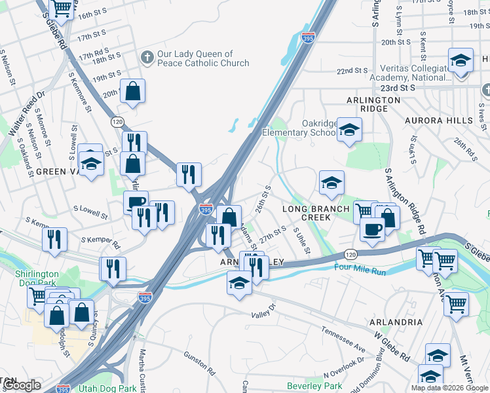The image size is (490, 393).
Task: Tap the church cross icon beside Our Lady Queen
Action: tap(146, 58)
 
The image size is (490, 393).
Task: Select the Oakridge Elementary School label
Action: tap(298, 128)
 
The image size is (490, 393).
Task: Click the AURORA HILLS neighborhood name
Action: tap(438, 121)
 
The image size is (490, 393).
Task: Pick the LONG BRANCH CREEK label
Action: tap(316, 213)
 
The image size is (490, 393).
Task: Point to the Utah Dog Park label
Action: tap(107, 388)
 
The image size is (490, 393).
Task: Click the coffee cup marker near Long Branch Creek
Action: tap(372, 230)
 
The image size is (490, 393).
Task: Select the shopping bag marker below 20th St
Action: tap(132, 93)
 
